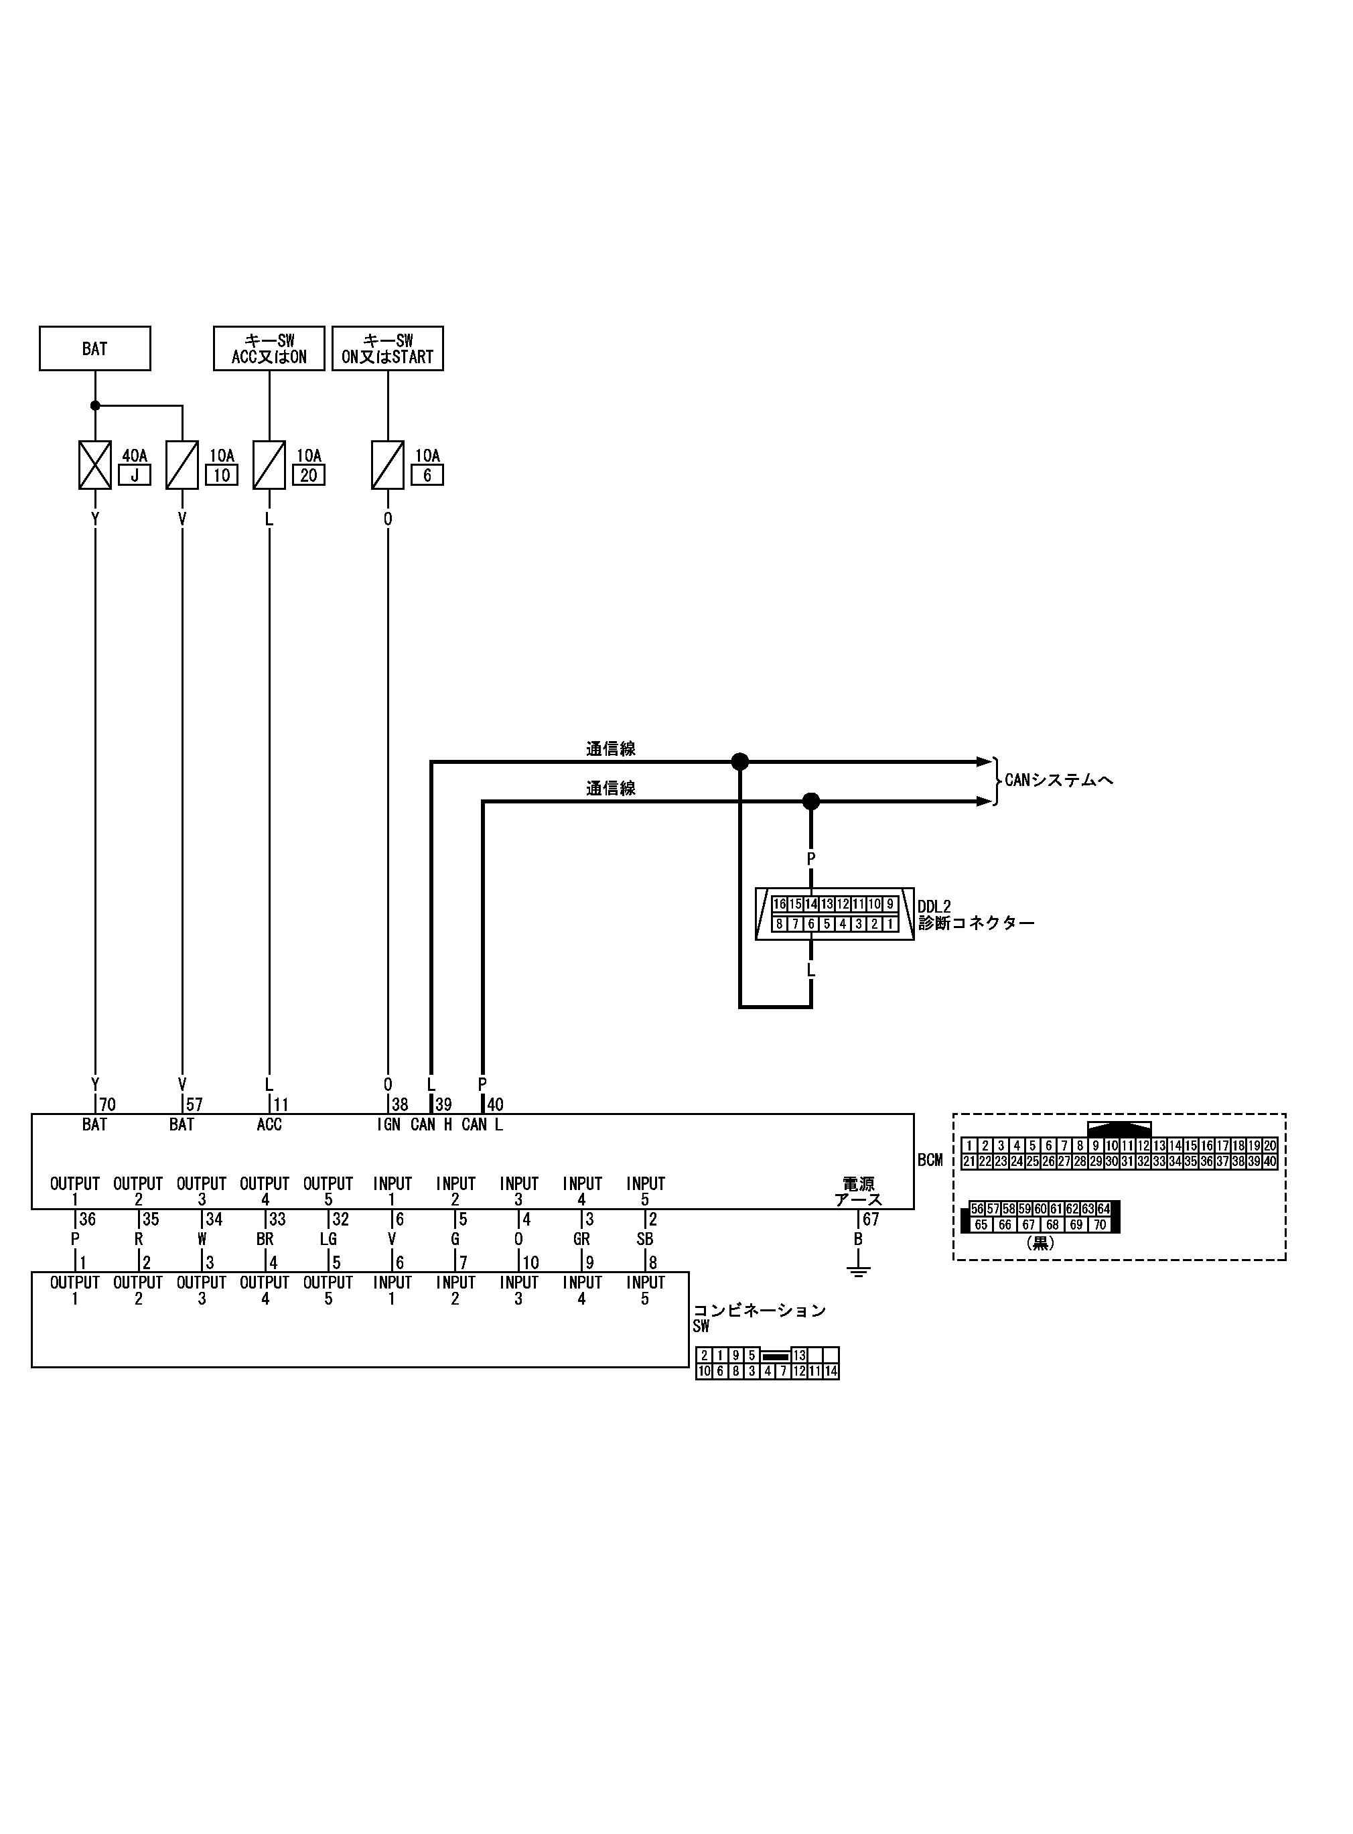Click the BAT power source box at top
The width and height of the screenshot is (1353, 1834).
(x=94, y=348)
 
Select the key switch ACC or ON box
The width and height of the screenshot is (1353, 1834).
(x=269, y=348)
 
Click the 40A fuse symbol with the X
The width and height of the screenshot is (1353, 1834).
(x=95, y=464)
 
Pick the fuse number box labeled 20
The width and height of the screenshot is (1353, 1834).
(x=309, y=475)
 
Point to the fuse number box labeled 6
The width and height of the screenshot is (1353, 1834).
(x=427, y=475)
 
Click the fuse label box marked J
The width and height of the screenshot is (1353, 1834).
(x=135, y=475)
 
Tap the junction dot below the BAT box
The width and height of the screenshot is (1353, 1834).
(x=95, y=405)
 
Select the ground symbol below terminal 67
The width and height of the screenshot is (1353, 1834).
(x=858, y=1271)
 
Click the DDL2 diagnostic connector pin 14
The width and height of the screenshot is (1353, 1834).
(x=811, y=905)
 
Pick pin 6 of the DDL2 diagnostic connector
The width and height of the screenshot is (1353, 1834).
(x=811, y=924)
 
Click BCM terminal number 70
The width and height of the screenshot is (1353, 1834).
(x=107, y=1104)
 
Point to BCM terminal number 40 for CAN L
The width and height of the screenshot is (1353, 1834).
(x=495, y=1104)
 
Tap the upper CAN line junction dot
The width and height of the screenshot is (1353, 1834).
(x=739, y=762)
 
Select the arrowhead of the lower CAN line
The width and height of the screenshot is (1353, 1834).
(x=985, y=801)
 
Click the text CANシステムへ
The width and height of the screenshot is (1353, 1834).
(x=1059, y=780)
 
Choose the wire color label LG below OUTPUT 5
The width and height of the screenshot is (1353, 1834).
(x=328, y=1240)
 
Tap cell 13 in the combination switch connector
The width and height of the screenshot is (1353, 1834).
(x=799, y=1356)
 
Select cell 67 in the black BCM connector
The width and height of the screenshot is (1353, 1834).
(x=1029, y=1226)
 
